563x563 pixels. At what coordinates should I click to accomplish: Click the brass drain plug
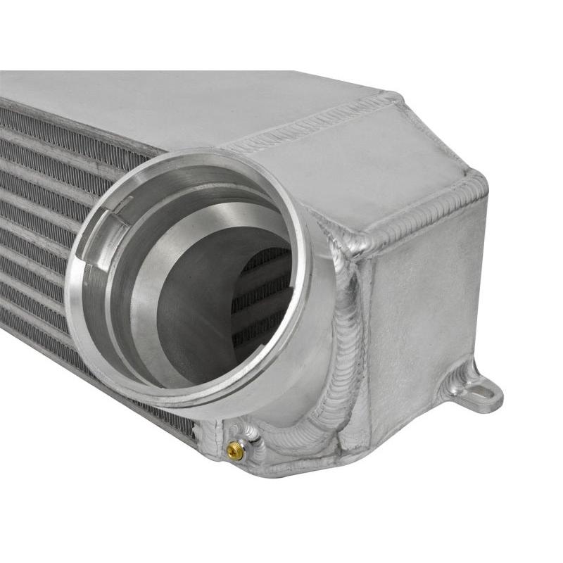tap(236, 451)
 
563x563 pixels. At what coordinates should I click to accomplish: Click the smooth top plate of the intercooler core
tap(176, 106)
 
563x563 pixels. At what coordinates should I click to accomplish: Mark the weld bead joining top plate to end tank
tap(310, 130)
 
